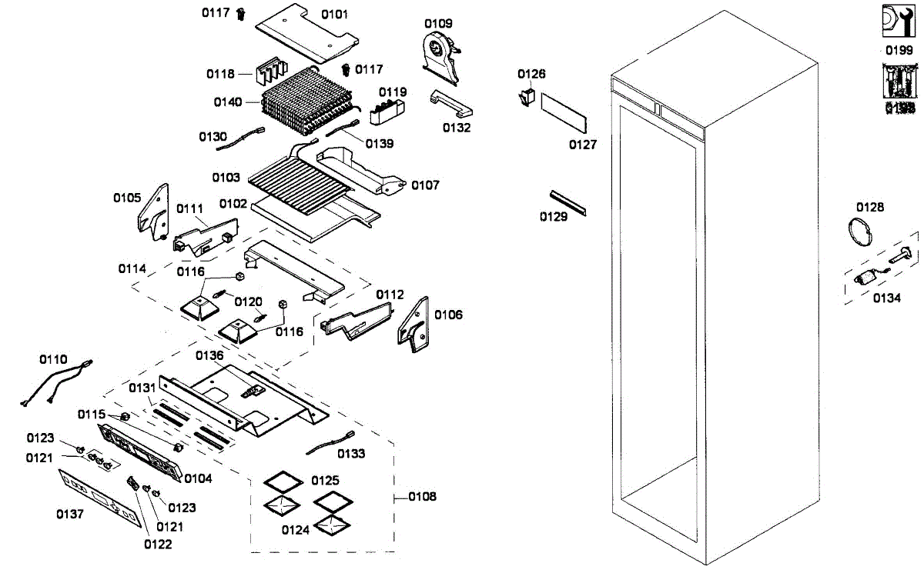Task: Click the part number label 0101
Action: tap(334, 14)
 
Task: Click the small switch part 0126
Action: tap(528, 98)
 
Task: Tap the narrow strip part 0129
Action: tap(567, 202)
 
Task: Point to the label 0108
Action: tap(422, 497)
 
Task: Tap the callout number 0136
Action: tap(209, 355)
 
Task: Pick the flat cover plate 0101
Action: tap(305, 34)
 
